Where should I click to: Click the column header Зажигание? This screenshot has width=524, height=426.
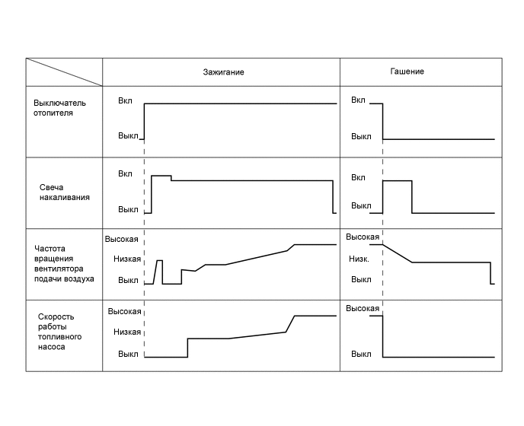223,72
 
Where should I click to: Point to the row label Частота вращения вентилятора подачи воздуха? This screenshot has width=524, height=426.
65,263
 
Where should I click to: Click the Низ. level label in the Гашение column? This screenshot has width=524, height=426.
360,259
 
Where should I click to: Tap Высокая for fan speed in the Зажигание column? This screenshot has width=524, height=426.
122,239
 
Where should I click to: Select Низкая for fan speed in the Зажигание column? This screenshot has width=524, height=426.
126,259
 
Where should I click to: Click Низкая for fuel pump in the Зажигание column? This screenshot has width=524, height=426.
126,332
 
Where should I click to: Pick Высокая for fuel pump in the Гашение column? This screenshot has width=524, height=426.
363,309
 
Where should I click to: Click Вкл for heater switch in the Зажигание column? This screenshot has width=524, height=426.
125,100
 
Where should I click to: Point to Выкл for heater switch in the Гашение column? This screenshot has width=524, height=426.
361,137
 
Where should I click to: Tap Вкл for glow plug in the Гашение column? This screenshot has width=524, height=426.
358,177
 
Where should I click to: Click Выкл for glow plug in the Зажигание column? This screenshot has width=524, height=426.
128,209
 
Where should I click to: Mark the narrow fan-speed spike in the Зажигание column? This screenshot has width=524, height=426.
159,271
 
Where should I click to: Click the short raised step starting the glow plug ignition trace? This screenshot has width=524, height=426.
161,176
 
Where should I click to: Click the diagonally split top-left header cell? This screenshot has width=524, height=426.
64,72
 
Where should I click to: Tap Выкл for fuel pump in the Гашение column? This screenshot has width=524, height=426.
361,354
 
